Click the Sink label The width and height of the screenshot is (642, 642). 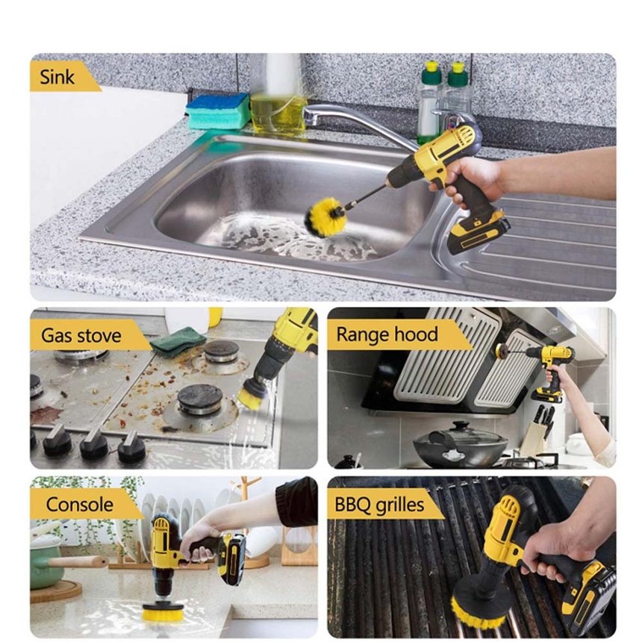pos(57,77)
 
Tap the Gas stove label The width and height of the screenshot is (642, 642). pos(81,335)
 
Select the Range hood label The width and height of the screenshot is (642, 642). pos(387,334)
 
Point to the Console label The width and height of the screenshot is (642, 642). pos(79,504)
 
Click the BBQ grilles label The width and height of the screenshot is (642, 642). pos(379,505)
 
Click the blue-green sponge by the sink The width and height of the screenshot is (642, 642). pos(218,111)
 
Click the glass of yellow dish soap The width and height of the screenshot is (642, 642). pos(278,113)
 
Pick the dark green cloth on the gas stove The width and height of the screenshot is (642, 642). pos(178,340)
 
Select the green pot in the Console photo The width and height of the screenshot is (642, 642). pos(46,561)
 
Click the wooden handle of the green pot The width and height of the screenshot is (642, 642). pos(78,562)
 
